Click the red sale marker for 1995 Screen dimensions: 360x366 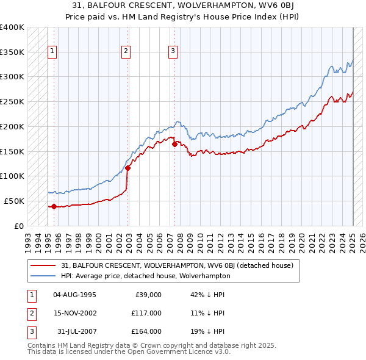click(54, 206)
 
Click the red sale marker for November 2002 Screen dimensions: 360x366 click(128, 168)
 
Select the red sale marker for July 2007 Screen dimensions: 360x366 click(175, 145)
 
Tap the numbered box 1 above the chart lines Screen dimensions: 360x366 click(52, 51)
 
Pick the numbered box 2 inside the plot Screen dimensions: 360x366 click(126, 51)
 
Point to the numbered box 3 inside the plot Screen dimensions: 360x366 click(173, 51)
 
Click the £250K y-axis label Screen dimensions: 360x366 click(12, 101)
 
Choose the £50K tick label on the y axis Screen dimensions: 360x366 click(14, 201)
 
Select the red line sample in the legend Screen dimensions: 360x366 click(44, 266)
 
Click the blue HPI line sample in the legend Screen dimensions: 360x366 click(44, 276)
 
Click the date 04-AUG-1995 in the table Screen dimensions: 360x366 click(74, 295)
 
